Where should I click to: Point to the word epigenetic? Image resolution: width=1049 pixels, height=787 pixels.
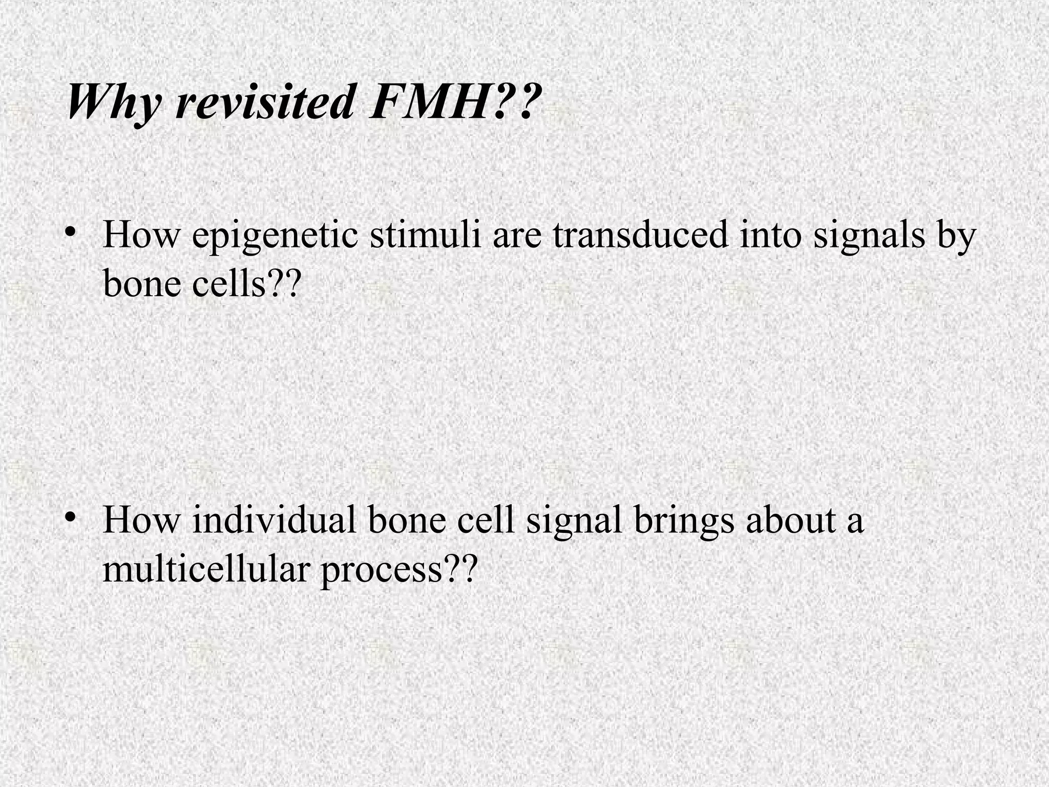click(x=275, y=236)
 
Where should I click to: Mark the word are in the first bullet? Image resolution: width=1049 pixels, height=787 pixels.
click(x=517, y=237)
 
